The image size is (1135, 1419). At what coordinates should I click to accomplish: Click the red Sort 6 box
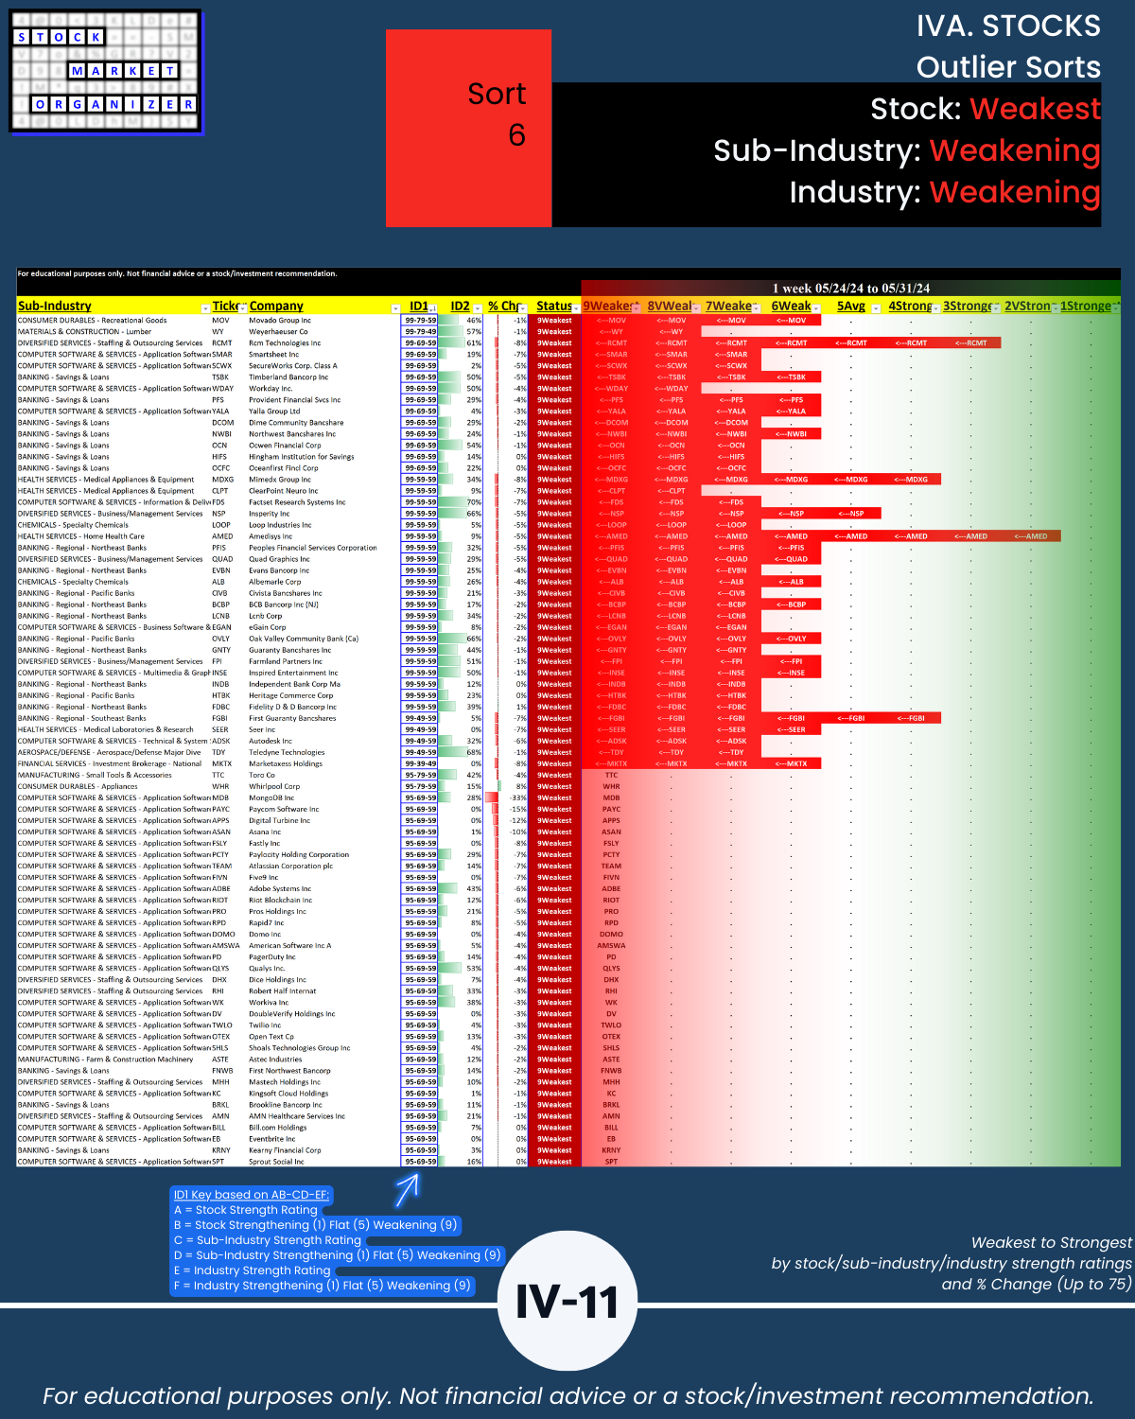468,128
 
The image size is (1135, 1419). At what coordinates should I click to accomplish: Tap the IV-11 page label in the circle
567,1302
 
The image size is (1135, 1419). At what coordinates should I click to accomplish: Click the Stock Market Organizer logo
106,71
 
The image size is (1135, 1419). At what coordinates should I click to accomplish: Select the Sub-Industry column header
55,307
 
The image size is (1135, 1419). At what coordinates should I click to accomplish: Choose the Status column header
553,307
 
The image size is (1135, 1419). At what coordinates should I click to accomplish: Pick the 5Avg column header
851,307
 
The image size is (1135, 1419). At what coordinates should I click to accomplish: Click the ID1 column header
418,307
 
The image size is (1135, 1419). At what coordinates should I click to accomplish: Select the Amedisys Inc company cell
271,536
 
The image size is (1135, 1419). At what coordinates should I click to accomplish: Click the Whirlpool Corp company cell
274,786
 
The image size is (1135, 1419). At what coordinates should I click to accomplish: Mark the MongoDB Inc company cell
271,797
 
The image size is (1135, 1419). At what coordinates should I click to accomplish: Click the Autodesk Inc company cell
271,741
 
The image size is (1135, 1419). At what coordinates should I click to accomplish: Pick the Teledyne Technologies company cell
287,752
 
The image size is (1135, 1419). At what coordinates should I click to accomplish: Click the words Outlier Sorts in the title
1008,67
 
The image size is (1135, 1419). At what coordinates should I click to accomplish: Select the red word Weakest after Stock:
1036,109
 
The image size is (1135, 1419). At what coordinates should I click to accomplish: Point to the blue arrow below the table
407,1189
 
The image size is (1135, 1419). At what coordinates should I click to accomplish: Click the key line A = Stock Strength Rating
246,1210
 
